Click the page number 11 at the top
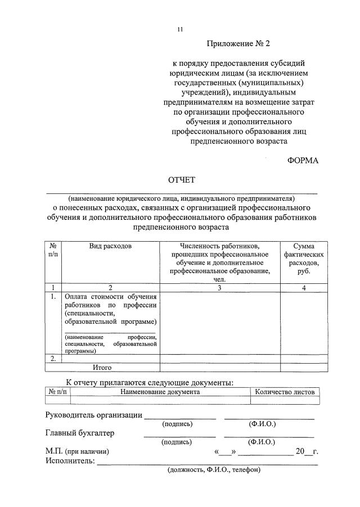point(180,29)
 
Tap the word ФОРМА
point(303,160)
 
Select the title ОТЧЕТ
point(181,180)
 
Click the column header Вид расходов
point(110,247)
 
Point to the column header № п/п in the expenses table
point(53,251)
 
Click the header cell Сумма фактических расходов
point(304,259)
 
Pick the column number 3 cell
point(219,288)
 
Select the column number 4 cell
point(304,288)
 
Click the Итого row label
point(102,368)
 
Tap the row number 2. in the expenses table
point(53,358)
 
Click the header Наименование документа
point(160,392)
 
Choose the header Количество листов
point(285,392)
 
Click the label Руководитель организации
point(93,415)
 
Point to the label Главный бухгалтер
point(79,433)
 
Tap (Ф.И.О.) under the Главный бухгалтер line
point(262,442)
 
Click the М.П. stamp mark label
point(77,451)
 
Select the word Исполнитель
point(70,461)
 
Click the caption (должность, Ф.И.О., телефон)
point(213,470)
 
